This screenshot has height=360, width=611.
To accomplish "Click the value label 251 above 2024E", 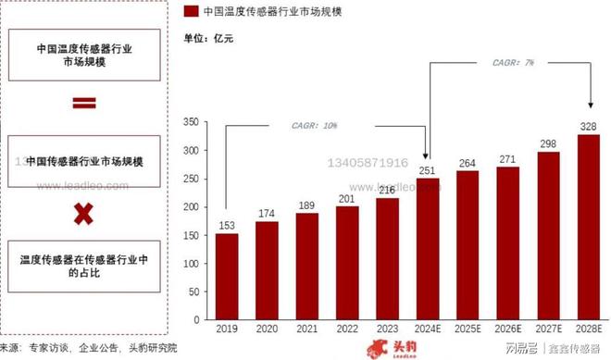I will (427, 170).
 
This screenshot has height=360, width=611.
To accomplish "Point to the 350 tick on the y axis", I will (190, 122).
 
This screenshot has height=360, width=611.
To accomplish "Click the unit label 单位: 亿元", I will (209, 38).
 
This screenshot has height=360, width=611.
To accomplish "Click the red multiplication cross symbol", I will (84, 215).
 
